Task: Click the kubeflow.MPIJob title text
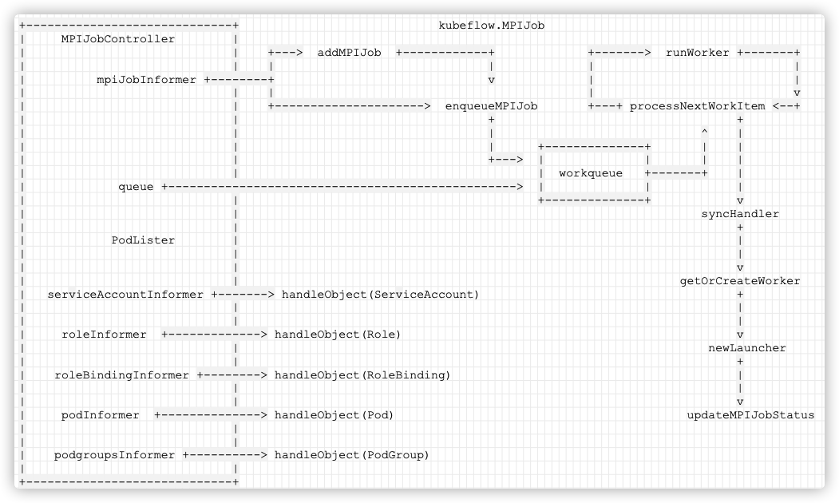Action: click(x=491, y=26)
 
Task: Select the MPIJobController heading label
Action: click(x=117, y=38)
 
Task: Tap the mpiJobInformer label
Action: click(x=146, y=79)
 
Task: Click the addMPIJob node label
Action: click(x=349, y=53)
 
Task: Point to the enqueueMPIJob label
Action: click(x=491, y=106)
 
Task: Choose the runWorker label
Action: click(x=697, y=53)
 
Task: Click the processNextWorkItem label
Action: click(x=697, y=106)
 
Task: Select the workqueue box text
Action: click(x=591, y=172)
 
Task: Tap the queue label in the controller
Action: click(x=136, y=187)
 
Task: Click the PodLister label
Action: click(x=143, y=240)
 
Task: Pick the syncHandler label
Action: click(x=740, y=213)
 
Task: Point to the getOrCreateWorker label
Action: click(x=740, y=280)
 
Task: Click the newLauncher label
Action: click(x=747, y=348)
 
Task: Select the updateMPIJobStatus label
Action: click(x=750, y=414)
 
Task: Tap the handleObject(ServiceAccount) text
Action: click(x=381, y=295)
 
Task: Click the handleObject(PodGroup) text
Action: click(x=352, y=455)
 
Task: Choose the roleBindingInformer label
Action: click(x=121, y=374)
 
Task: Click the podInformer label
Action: click(x=100, y=414)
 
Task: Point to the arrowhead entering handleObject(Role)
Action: click(x=263, y=335)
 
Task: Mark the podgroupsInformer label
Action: click(x=114, y=455)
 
